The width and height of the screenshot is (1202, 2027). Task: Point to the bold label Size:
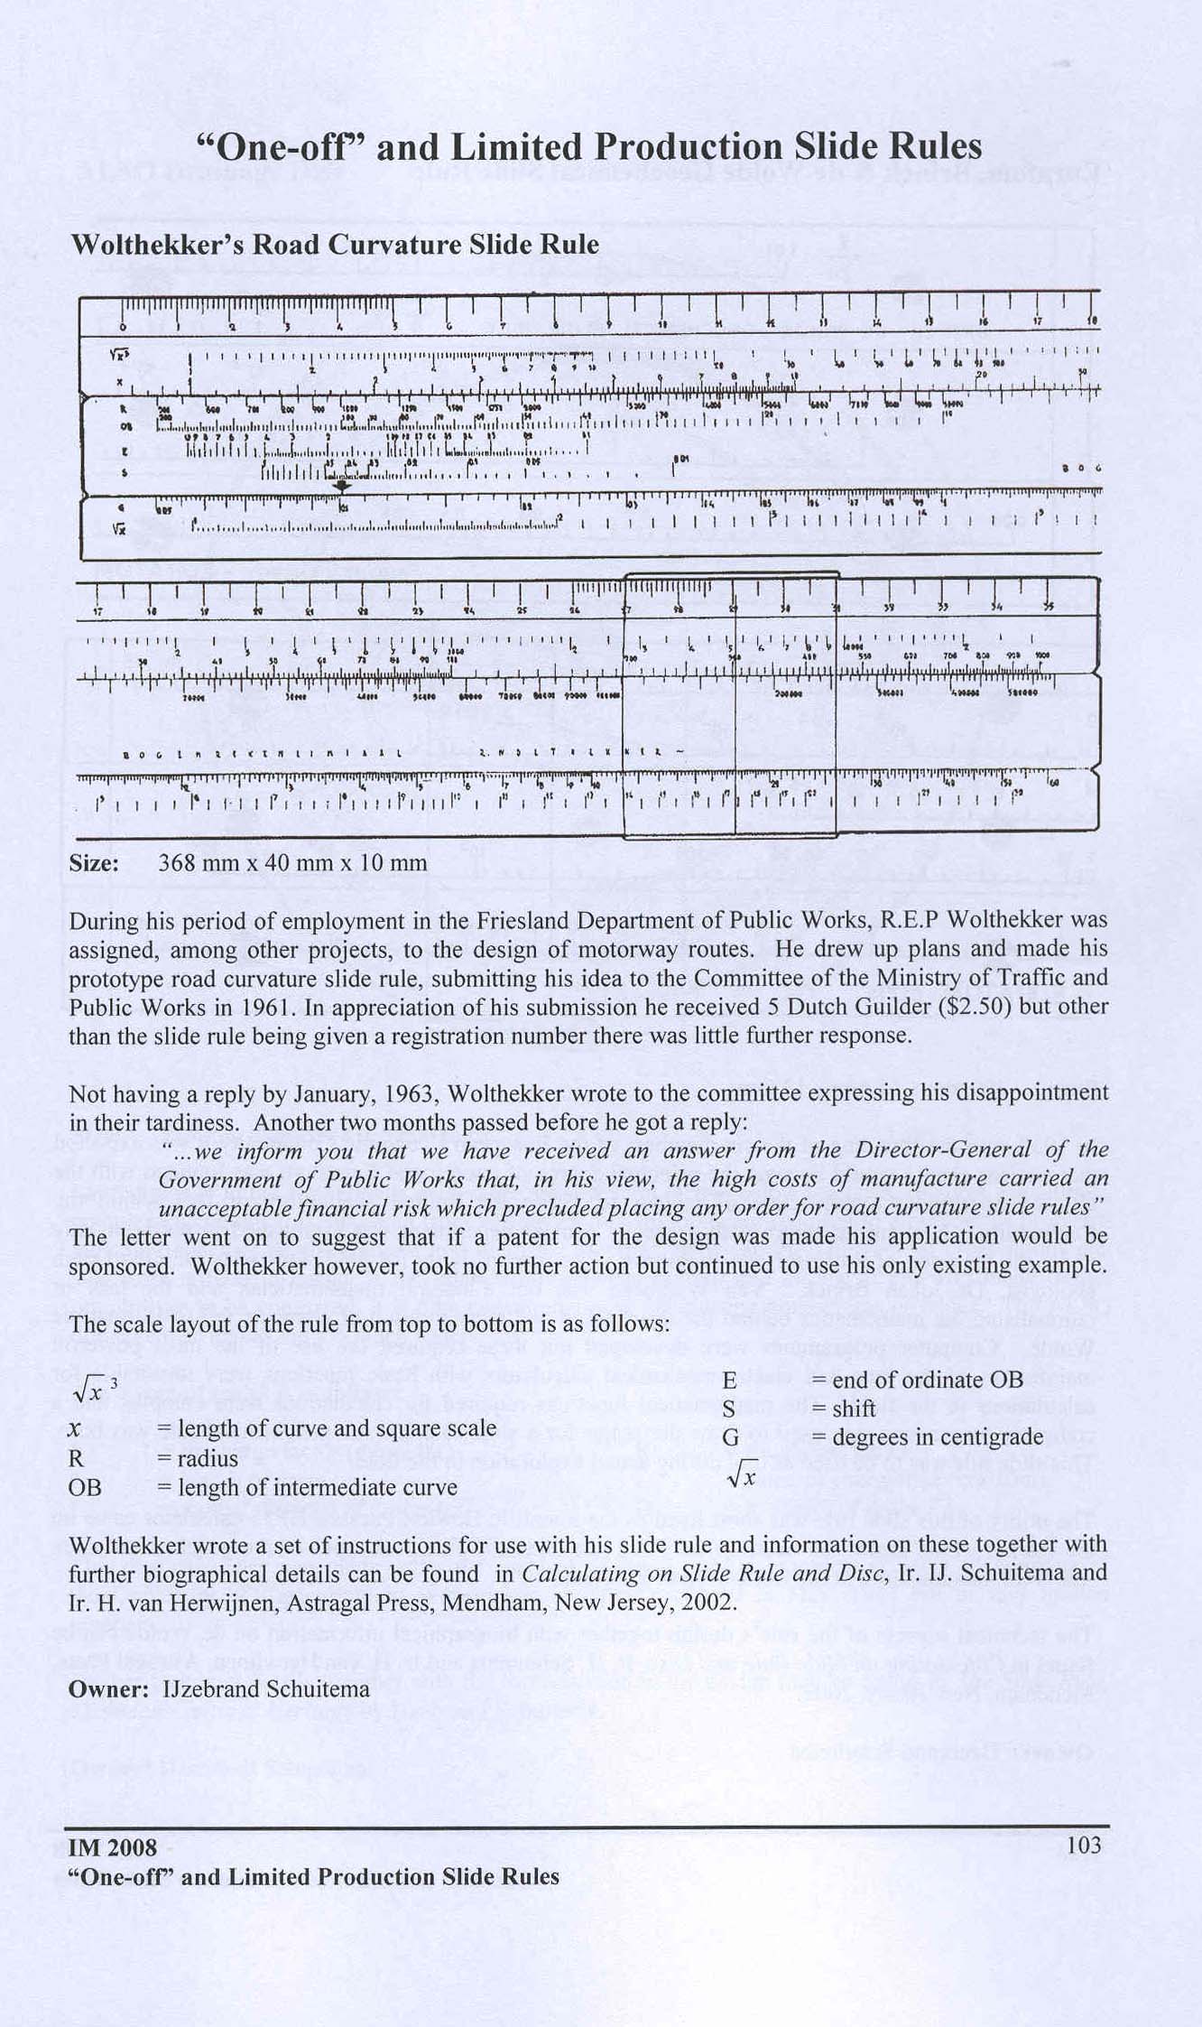94,862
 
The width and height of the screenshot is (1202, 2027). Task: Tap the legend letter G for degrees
730,1437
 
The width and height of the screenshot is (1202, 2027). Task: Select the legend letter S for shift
728,1409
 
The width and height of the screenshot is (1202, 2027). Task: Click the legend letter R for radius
77,1458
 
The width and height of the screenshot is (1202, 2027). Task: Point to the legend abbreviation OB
85,1487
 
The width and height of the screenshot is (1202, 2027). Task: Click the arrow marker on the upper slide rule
341,485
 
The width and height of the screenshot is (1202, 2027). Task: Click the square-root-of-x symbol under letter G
740,1473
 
